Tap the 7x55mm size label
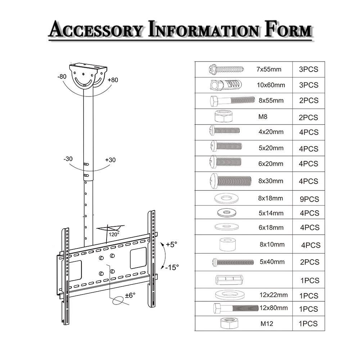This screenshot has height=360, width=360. tap(269, 69)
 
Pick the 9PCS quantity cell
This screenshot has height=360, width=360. tap(309, 199)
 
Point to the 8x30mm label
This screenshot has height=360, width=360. tap(271, 181)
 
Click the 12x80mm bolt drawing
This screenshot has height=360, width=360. tap(236, 309)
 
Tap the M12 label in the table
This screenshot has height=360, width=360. tap(267, 324)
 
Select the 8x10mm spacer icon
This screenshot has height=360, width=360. tap(226, 244)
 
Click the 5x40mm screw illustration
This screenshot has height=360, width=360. tap(233, 262)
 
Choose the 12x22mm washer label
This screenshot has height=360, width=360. tap(274, 295)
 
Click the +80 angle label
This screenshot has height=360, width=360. tap(113, 80)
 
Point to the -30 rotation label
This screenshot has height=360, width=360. tap(69, 159)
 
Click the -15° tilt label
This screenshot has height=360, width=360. tap(172, 267)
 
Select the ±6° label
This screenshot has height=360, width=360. tap(130, 295)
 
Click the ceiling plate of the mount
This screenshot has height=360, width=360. tap(89, 67)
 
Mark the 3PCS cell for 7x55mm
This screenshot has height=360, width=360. tap(309, 69)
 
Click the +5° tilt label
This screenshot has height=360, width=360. tap(172, 244)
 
